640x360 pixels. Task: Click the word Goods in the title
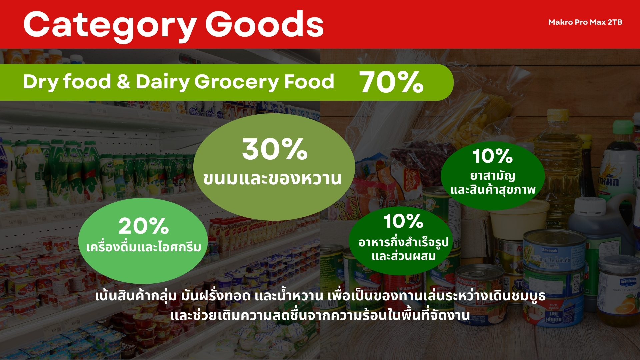click(x=264, y=24)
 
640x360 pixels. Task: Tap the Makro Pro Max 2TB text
click(x=585, y=22)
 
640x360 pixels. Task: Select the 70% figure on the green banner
click(x=391, y=82)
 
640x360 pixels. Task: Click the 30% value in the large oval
click(x=275, y=149)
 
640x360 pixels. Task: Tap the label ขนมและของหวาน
click(x=272, y=179)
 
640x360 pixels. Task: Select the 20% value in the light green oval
click(x=144, y=226)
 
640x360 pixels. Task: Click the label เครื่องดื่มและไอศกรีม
click(x=144, y=247)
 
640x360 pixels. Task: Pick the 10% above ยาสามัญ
click(x=492, y=156)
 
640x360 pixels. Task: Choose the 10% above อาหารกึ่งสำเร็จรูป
click(x=403, y=221)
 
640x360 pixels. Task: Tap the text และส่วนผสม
click(x=404, y=256)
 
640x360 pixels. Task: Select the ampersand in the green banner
click(x=123, y=82)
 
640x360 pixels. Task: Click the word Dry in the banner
click(x=41, y=82)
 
